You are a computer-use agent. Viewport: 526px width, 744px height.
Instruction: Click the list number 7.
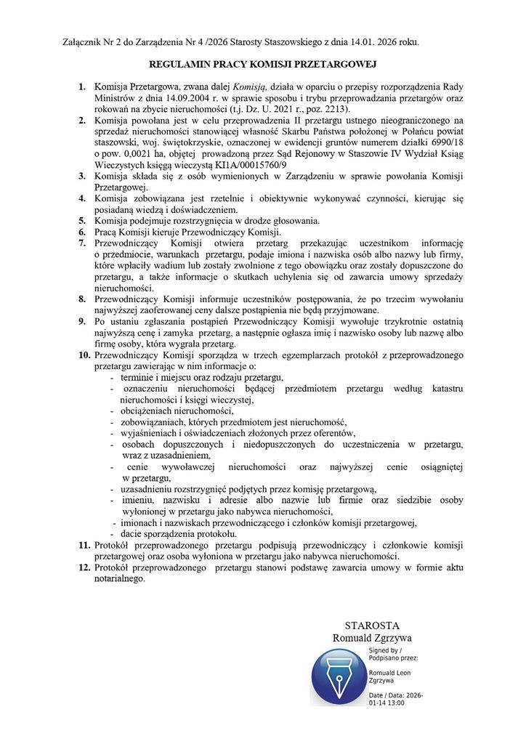[83, 243]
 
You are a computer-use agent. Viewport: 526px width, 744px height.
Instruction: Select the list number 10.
[83, 357]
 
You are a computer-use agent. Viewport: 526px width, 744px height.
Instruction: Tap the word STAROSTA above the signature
[372, 626]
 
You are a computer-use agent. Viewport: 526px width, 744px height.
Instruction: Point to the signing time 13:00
[393, 703]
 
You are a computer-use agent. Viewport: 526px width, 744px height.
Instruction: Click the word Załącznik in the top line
[86, 43]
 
